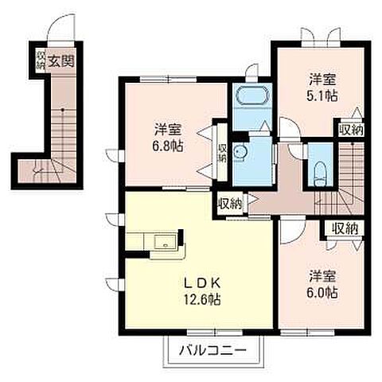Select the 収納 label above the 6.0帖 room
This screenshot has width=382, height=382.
344,228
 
